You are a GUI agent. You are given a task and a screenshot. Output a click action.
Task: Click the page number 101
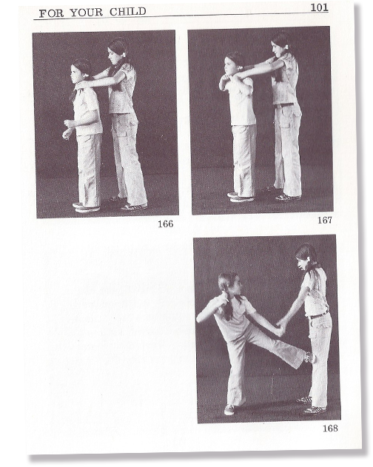[x=319, y=7]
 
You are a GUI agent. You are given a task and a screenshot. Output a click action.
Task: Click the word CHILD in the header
[x=128, y=12]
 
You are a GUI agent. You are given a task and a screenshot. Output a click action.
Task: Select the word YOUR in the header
[x=87, y=13]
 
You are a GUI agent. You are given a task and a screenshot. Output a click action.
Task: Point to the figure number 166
[x=165, y=224]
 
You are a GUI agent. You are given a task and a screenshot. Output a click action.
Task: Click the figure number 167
[x=324, y=220]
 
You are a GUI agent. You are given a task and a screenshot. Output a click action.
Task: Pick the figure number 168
[x=330, y=429]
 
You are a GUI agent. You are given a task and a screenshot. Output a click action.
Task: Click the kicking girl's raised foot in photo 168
[x=309, y=357]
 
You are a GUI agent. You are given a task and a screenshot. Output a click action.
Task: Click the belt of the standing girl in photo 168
[x=319, y=315]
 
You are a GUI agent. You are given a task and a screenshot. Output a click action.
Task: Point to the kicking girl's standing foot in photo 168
[x=229, y=410]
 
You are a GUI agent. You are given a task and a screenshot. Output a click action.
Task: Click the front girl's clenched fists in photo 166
[x=68, y=129]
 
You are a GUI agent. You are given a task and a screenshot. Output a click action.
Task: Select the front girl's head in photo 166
[x=80, y=72]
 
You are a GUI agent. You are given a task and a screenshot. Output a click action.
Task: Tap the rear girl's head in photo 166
[x=117, y=51]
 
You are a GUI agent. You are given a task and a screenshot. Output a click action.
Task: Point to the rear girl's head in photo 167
[x=280, y=44]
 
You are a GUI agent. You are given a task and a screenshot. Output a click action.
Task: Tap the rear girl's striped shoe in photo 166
[x=134, y=206]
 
